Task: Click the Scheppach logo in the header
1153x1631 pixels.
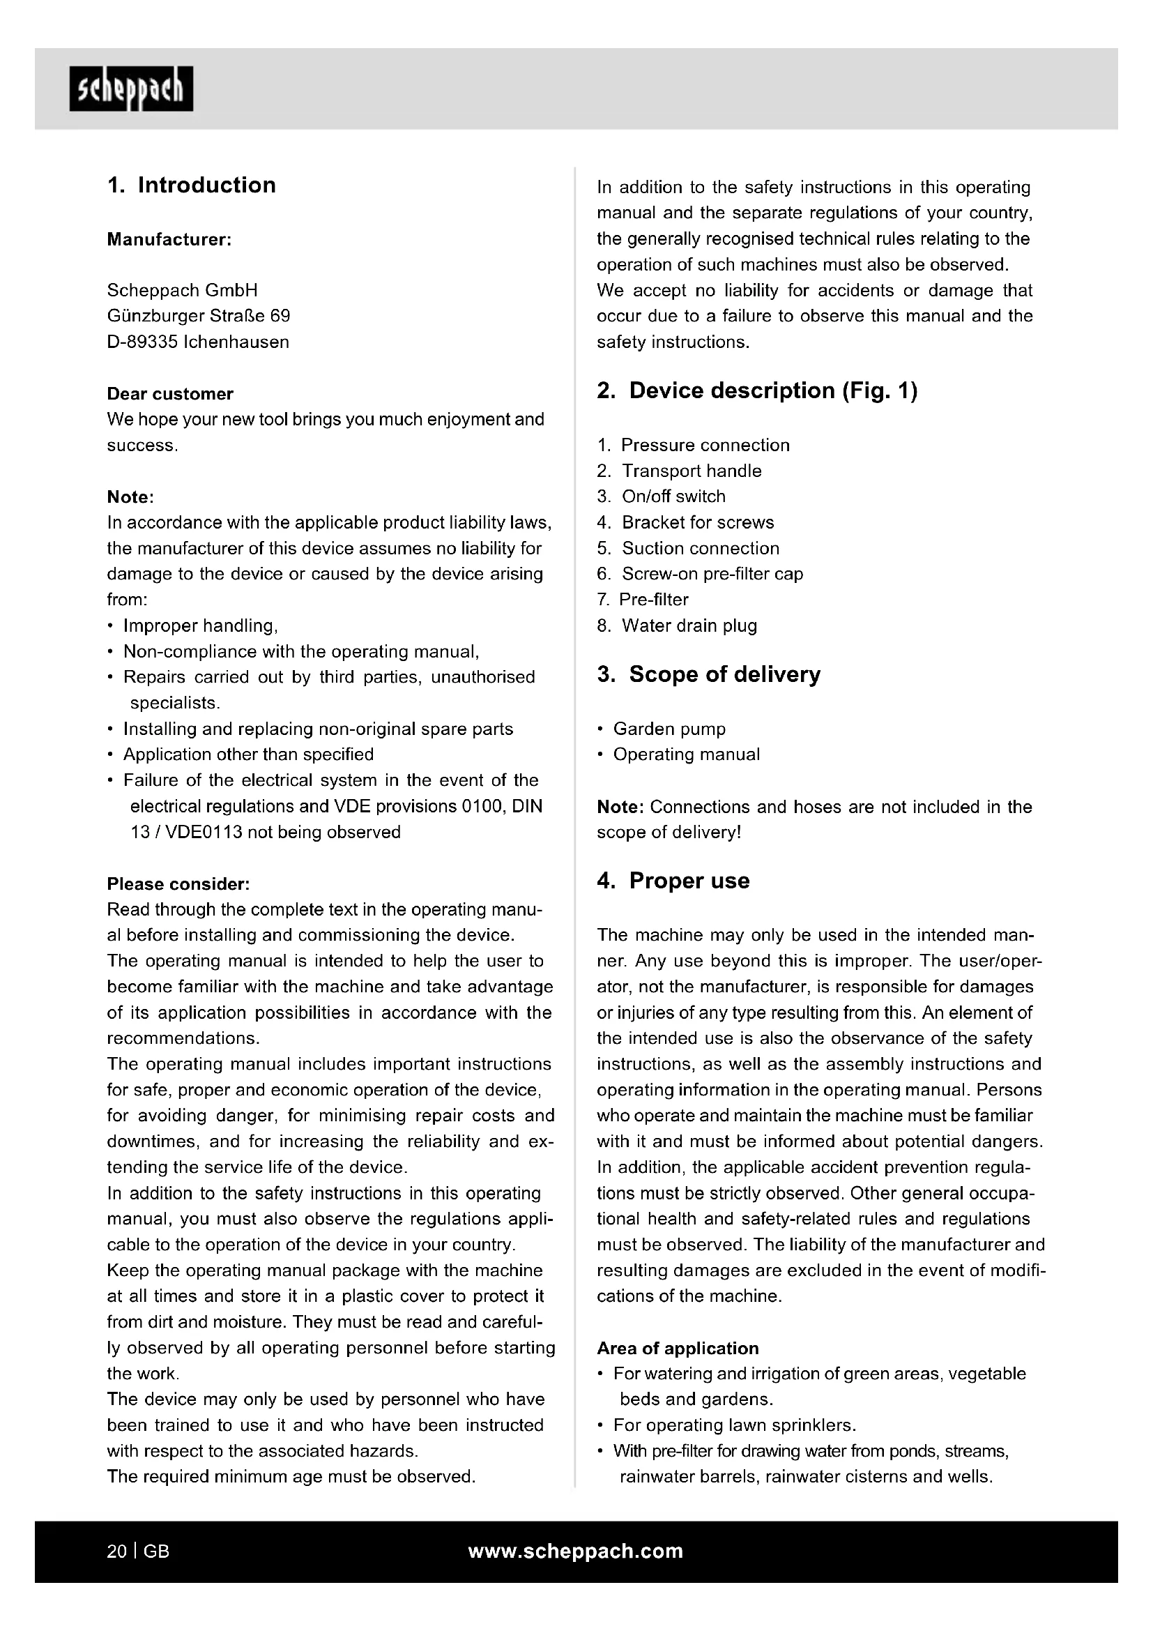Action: point(130,89)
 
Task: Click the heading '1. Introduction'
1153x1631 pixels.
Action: point(192,185)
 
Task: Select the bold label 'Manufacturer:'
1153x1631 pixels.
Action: point(169,239)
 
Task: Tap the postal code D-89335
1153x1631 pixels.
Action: point(143,342)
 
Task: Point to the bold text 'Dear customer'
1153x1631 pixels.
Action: point(169,393)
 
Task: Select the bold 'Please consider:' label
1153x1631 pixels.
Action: point(178,883)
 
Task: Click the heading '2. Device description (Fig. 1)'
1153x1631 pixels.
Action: point(757,390)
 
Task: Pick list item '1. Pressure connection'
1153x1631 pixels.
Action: point(693,446)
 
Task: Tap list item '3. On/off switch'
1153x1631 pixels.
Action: point(661,496)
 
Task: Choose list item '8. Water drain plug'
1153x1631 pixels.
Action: point(677,625)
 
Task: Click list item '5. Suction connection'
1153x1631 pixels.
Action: point(688,548)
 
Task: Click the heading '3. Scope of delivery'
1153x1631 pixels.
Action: point(708,674)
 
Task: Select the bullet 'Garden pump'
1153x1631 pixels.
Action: point(669,729)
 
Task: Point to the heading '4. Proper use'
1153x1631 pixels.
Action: point(673,881)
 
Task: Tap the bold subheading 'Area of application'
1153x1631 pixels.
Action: point(678,1349)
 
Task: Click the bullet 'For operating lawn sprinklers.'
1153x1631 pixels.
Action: point(734,1425)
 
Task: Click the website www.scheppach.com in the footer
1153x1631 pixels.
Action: point(575,1552)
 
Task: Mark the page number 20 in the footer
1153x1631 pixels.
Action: point(116,1552)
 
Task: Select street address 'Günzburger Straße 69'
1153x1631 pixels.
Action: point(198,316)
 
